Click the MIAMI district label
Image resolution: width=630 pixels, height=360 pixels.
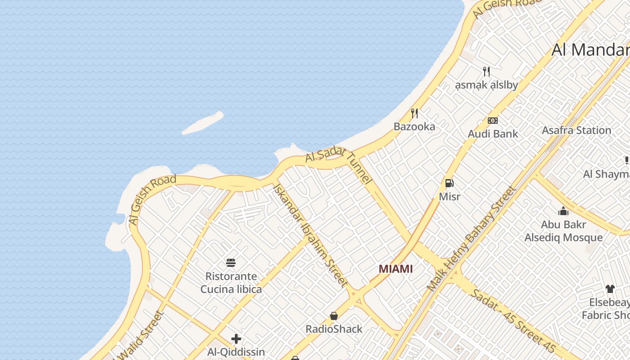tap(396, 269)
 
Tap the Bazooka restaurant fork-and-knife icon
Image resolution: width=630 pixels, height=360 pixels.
tap(414, 113)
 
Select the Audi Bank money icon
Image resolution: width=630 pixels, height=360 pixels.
tap(493, 121)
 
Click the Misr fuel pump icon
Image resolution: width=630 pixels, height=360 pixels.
tap(449, 183)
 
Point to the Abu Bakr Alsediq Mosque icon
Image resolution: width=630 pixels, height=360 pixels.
tap(563, 211)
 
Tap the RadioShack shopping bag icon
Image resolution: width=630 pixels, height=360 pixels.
tap(334, 316)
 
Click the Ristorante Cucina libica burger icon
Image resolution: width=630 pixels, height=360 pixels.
tap(231, 263)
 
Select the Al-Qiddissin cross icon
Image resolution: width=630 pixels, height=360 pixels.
tap(236, 339)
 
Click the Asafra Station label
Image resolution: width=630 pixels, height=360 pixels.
tap(576, 130)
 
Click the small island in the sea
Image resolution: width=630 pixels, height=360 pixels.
tap(203, 123)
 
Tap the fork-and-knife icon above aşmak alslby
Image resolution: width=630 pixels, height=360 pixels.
tap(486, 71)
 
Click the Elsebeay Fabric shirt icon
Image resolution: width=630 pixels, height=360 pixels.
tap(610, 289)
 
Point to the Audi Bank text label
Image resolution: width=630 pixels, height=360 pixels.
tap(493, 134)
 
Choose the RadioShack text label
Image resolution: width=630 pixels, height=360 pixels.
tap(334, 329)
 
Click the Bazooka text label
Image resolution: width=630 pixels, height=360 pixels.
tap(414, 126)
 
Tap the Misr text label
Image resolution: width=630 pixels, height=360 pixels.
tap(450, 197)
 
